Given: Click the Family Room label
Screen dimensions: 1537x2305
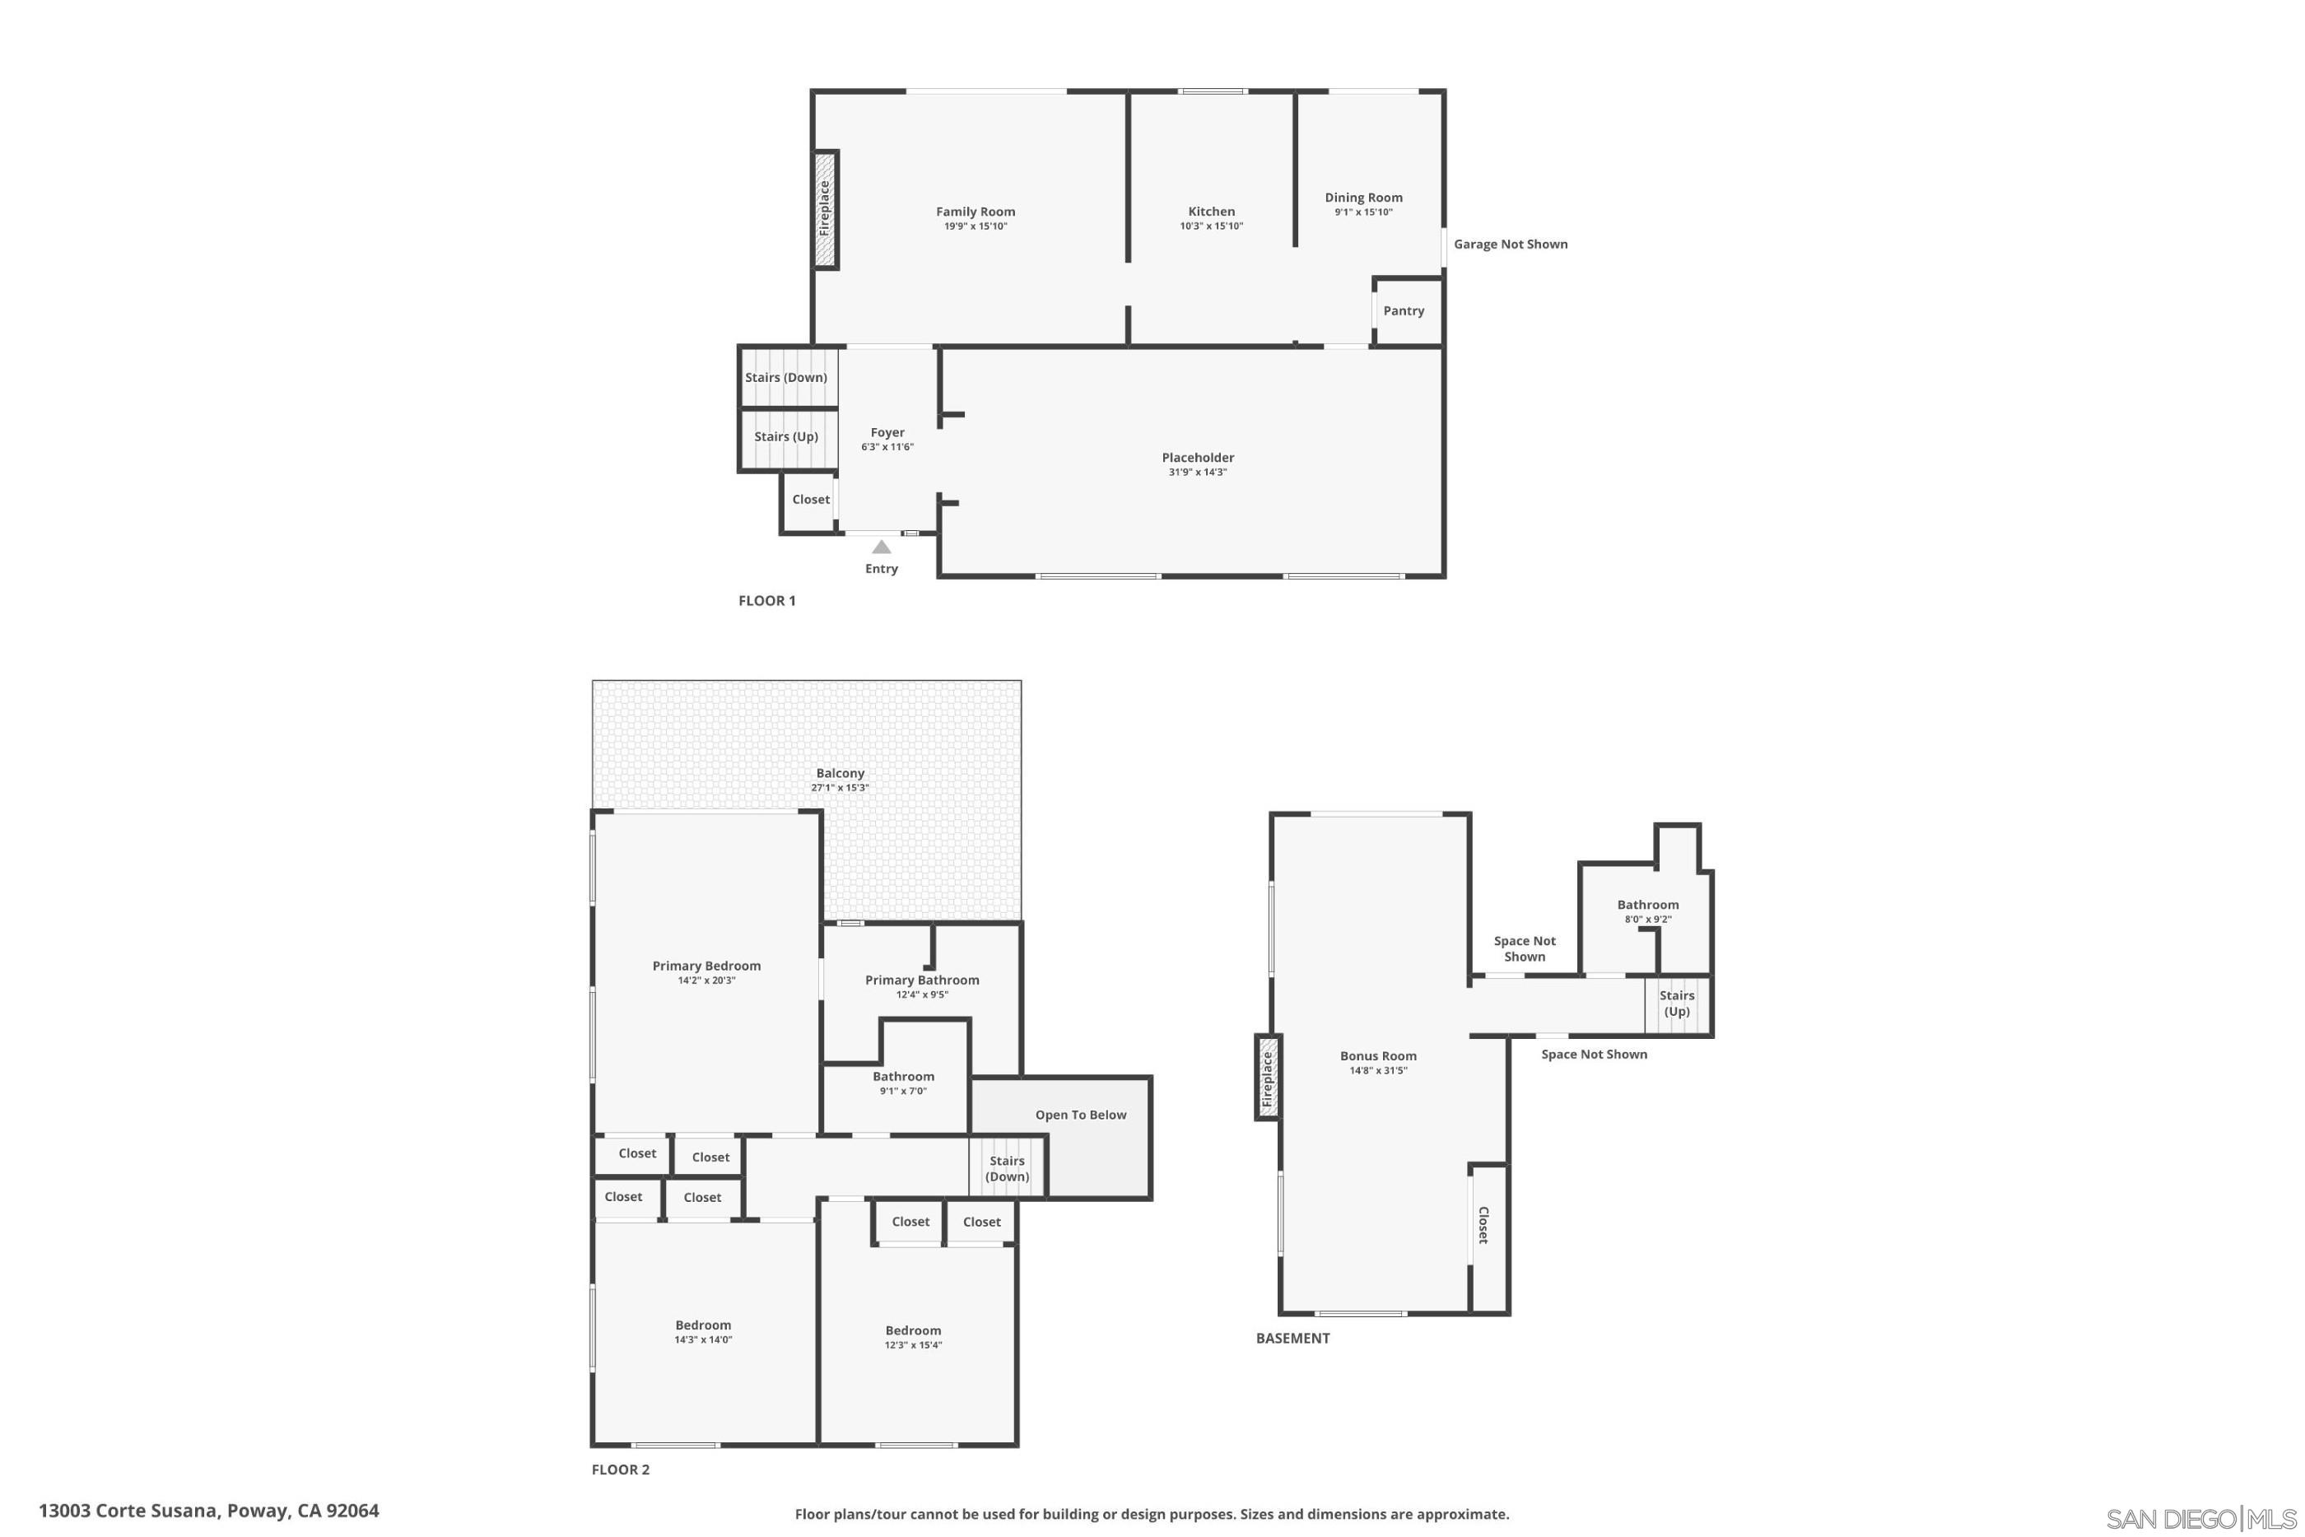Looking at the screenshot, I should (976, 212).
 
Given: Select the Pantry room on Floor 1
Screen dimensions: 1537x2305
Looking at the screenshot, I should (1404, 310).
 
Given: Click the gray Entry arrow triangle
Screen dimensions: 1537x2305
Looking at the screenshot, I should (881, 547).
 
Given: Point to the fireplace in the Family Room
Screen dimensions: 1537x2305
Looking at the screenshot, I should (825, 209).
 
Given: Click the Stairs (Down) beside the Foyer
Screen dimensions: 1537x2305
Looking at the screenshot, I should (786, 377).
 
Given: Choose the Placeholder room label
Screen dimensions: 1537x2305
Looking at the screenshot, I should (1198, 458).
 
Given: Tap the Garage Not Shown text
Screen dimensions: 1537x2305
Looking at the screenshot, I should (1511, 244).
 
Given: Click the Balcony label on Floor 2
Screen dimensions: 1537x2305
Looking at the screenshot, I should (840, 773).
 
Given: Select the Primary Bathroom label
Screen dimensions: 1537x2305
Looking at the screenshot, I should (922, 980).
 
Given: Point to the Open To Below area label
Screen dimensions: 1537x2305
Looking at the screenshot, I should (1081, 1115).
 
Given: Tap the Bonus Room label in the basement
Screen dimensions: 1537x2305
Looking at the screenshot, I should (1378, 1055).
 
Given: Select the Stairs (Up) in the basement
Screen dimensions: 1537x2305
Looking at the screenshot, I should (1677, 1003).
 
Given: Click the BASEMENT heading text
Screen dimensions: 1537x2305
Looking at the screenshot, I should (1292, 1338).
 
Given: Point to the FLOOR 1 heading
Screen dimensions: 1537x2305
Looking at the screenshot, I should (766, 601).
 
